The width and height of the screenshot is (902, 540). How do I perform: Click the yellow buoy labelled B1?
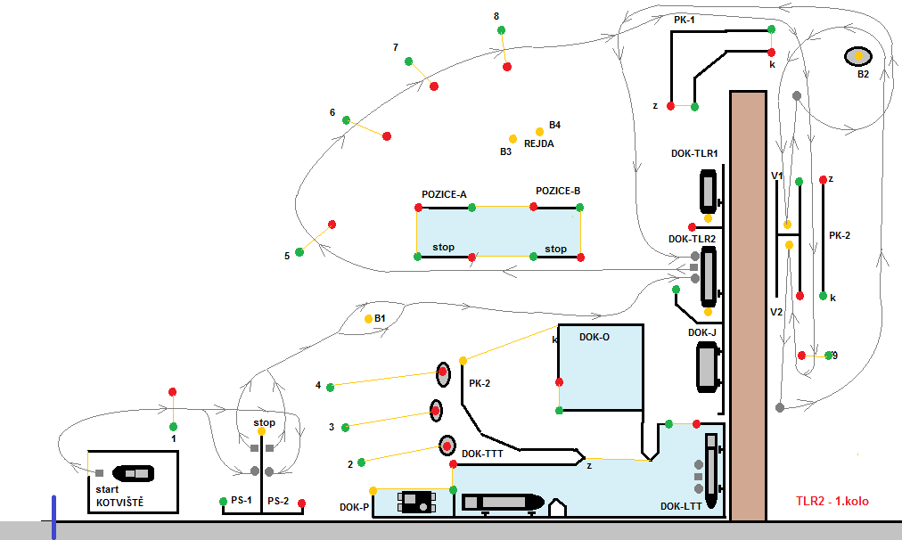click(369, 319)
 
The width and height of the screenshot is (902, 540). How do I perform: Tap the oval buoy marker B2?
click(858, 56)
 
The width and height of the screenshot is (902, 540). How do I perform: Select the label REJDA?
click(539, 143)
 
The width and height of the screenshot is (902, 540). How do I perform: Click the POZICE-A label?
click(444, 194)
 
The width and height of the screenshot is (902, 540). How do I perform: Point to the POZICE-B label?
click(558, 191)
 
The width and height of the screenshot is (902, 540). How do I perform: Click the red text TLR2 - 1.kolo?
click(832, 501)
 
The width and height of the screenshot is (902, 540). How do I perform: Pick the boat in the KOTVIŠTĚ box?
click(134, 473)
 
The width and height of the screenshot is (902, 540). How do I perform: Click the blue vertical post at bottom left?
click(54, 518)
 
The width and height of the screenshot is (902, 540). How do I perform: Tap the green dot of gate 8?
click(501, 30)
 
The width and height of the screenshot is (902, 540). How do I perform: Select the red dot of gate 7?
click(434, 86)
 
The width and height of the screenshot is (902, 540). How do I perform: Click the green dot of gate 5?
click(299, 252)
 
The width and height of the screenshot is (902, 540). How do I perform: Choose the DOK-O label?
click(594, 337)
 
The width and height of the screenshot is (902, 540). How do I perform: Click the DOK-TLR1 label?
click(694, 153)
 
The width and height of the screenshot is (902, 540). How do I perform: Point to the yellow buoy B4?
click(539, 132)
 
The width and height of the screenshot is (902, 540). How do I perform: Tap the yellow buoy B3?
click(512, 139)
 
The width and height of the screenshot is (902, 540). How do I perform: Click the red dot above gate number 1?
click(172, 392)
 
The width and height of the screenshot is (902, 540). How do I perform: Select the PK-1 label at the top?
click(685, 20)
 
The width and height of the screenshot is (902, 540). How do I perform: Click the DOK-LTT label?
click(681, 507)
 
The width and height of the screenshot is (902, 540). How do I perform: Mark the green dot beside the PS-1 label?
click(223, 502)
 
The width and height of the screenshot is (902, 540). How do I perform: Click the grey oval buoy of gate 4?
click(443, 374)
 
